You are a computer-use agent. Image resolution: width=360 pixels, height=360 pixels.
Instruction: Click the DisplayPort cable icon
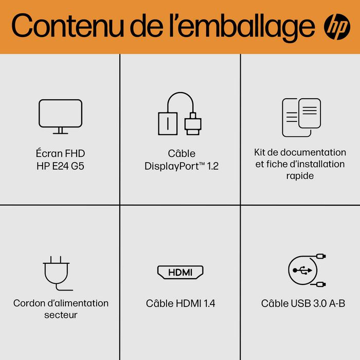179,114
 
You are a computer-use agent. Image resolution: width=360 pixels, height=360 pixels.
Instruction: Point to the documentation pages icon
301,117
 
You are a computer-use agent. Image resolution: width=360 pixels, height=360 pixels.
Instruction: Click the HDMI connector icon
180,273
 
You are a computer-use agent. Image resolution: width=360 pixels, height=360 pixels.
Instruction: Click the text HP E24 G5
61,166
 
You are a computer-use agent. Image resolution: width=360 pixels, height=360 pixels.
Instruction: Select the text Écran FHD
61,153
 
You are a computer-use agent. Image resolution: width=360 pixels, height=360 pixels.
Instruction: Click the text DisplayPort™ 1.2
182,166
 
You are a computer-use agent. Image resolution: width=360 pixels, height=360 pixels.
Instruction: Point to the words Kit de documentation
300,152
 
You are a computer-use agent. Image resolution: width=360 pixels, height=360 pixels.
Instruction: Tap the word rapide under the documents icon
300,176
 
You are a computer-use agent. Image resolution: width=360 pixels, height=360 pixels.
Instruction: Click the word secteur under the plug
61,315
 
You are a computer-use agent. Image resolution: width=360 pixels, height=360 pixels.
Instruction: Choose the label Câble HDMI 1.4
181,303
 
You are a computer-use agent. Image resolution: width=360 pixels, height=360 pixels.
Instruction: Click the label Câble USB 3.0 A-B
303,303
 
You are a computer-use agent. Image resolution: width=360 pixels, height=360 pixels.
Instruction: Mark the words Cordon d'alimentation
61,303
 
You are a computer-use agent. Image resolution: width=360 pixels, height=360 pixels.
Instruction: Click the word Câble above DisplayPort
182,153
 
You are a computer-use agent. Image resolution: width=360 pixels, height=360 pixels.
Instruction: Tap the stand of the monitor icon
60,131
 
